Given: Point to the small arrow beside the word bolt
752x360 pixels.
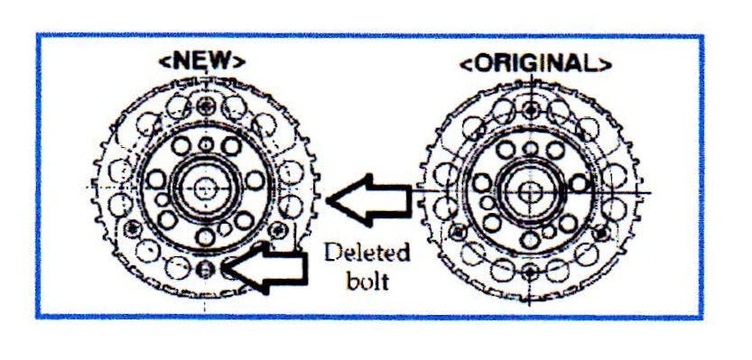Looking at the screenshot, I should pos(265,267).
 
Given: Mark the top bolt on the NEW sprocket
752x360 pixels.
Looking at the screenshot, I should pos(207,106).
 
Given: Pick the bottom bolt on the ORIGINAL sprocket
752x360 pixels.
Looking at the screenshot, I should pos(530,272).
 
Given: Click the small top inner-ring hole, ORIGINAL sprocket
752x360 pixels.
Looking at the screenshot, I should pos(530,148).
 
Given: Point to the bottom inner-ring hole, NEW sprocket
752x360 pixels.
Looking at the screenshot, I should pos(206,236).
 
